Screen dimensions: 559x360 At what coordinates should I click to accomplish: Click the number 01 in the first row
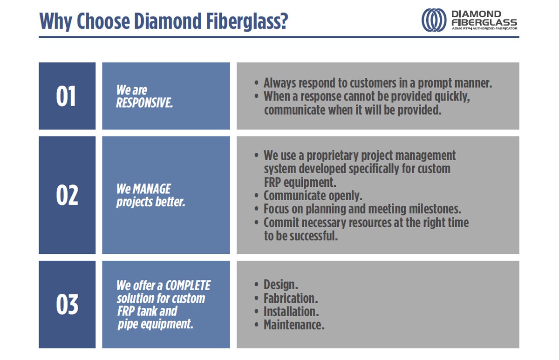point(66,96)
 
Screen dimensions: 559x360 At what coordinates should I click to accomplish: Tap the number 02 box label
point(67,195)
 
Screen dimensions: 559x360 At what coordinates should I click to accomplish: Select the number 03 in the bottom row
point(67,305)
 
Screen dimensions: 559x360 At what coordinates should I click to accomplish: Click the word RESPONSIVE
point(144,102)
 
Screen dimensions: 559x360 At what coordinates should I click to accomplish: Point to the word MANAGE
point(152,189)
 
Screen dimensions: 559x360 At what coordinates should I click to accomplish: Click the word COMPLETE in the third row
point(188,285)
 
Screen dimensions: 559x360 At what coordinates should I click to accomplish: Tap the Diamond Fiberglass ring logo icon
point(434,20)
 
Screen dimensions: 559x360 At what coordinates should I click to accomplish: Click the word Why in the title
point(55,21)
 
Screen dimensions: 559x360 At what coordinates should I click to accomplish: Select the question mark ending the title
point(284,21)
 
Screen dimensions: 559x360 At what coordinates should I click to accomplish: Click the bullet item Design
point(281,285)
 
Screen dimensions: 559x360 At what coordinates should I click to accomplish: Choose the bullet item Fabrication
point(291,298)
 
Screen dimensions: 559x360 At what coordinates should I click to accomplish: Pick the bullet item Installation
point(291,312)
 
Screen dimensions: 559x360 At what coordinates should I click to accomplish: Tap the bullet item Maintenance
point(294,325)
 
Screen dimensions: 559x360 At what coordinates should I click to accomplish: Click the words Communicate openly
point(313,196)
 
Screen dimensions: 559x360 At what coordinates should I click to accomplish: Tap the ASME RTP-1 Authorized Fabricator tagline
point(484,29)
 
